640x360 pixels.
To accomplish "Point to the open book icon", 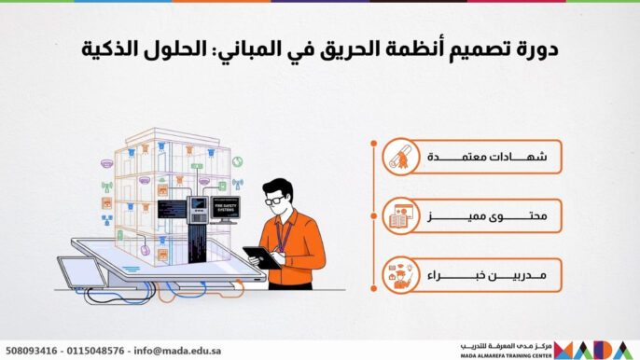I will click(x=400, y=218).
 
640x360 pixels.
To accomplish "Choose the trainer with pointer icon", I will click(x=400, y=277).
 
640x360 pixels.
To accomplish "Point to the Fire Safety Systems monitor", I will click(x=224, y=207).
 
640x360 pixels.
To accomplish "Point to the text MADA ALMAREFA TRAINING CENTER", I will click(x=505, y=355).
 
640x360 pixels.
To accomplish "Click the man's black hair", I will click(x=279, y=187).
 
